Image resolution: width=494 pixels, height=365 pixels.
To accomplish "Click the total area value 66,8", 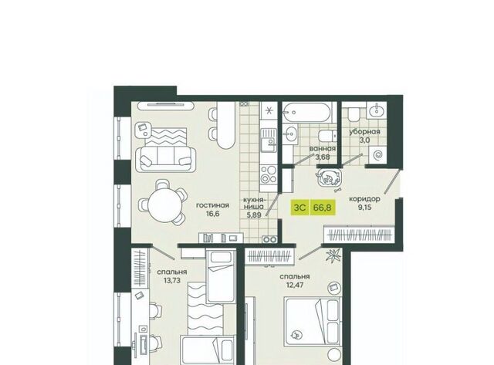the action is (x=323, y=208).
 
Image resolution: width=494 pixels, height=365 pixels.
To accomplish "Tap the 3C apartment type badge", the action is (x=300, y=208).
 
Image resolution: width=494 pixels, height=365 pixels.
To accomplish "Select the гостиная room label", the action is (x=212, y=205).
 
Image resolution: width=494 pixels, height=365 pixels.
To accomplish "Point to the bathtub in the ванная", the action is (x=307, y=112).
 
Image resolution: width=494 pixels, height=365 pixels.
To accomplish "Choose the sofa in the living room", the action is (x=165, y=155).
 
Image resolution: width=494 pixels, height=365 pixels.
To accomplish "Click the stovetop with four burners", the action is (x=269, y=175).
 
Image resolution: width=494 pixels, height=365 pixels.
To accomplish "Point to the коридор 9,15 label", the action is (x=364, y=203).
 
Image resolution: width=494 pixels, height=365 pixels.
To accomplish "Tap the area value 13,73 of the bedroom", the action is (x=172, y=280).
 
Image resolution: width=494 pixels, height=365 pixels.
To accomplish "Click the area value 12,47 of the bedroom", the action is (x=295, y=285).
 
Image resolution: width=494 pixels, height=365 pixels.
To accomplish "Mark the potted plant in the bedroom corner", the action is (x=333, y=255).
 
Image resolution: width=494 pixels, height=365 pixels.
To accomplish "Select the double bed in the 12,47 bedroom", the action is (x=313, y=322).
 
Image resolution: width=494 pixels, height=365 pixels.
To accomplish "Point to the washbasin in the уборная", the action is (x=377, y=110).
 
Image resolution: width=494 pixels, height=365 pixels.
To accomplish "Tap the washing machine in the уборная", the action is (x=377, y=155).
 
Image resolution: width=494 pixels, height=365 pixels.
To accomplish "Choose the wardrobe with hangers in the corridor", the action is (x=359, y=235).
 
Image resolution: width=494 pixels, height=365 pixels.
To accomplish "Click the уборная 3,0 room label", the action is (x=364, y=136).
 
